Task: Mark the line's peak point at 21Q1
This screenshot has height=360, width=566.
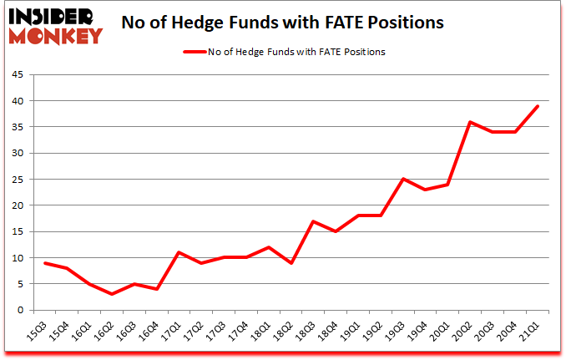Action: [538, 106]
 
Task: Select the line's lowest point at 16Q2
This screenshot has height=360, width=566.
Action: [111, 294]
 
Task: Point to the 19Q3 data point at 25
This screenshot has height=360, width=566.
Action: [402, 179]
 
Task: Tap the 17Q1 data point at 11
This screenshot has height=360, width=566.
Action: [179, 252]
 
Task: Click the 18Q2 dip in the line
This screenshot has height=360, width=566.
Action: [291, 263]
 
